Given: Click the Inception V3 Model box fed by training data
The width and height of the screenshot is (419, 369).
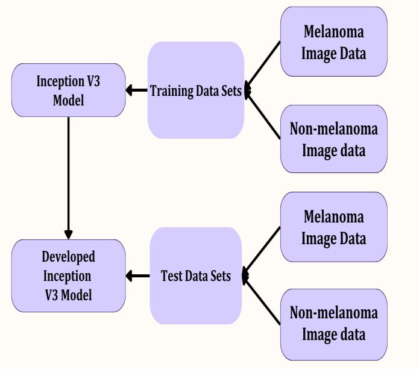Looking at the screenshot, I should (68, 90).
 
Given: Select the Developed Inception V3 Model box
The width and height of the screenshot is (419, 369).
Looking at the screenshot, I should (68, 276).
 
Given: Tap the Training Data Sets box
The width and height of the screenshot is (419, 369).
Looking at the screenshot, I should (195, 90).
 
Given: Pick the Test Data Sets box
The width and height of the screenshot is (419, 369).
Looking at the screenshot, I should (195, 276).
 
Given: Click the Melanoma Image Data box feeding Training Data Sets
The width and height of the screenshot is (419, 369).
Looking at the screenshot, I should (333, 42).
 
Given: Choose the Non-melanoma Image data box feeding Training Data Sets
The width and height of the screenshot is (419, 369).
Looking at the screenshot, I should (333, 139).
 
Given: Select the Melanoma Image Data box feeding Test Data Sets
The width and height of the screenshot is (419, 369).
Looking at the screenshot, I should (333, 227).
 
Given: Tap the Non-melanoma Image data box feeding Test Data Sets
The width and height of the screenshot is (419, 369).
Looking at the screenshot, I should (333, 324).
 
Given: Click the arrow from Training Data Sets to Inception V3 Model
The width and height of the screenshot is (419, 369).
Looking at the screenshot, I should (137, 90).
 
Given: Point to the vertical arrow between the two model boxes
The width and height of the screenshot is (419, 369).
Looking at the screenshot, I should (68, 175).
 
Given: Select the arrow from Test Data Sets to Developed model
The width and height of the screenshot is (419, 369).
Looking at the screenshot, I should (137, 276).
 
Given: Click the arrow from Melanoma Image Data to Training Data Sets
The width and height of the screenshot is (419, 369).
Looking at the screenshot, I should (263, 66).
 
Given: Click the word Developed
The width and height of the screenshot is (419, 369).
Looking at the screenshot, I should (68, 257).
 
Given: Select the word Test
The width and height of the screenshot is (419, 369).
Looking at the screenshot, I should (171, 276).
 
